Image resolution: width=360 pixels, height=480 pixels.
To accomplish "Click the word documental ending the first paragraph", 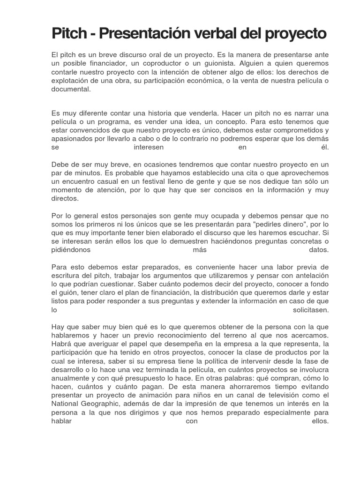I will tap(70, 89).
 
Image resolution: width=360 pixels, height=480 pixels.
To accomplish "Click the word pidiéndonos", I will tap(71, 250).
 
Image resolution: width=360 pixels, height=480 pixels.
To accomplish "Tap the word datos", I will tap(319, 250).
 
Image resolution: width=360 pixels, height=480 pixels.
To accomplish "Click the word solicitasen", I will tap(311, 310).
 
